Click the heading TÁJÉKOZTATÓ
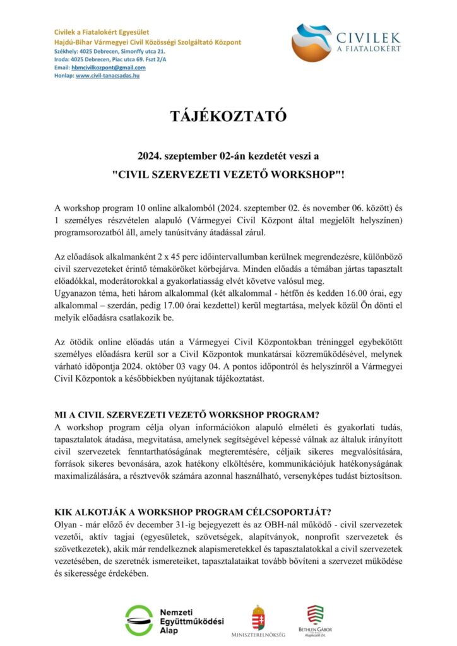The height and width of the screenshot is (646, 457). coord(228,117)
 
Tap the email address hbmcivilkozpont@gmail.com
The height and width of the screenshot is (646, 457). coord(109,68)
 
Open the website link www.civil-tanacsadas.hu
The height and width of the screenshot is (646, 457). coord(107,76)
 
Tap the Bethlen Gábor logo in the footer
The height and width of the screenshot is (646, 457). coord(316,621)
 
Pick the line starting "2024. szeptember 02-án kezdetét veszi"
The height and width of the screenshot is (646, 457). coord(228,155)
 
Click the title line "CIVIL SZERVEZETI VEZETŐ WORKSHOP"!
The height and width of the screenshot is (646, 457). coord(228,174)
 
